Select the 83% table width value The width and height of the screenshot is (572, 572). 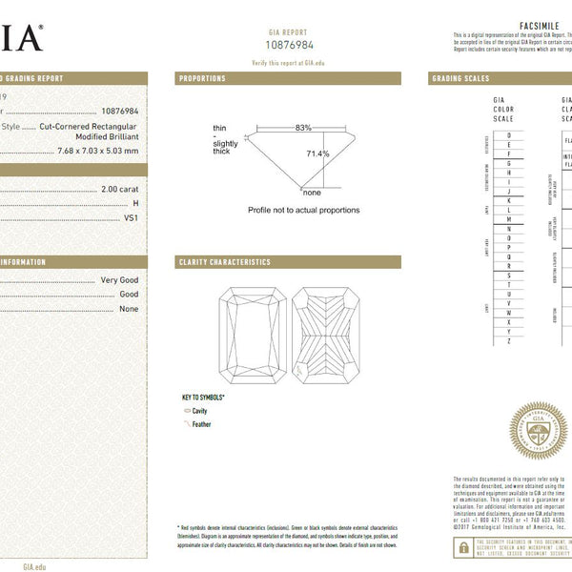coord(303,128)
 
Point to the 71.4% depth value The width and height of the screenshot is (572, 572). coord(317,153)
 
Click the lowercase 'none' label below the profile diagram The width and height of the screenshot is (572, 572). coord(312,193)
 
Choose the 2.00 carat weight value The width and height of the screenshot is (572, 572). coord(119,190)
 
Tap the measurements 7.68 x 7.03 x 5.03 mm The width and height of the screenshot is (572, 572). coord(97,150)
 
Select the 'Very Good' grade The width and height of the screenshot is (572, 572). coord(119,280)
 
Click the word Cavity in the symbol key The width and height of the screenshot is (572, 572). coord(200,411)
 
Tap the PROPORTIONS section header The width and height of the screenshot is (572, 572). coord(202,78)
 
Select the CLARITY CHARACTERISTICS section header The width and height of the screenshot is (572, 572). coord(224,262)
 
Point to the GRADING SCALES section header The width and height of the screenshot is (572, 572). coord(460,78)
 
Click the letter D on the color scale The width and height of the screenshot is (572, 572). coord(509,135)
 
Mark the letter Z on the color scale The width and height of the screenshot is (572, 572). coord(509,340)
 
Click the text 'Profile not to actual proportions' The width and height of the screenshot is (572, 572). coord(304,210)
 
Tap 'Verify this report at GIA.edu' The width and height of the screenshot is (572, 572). coord(288,61)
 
